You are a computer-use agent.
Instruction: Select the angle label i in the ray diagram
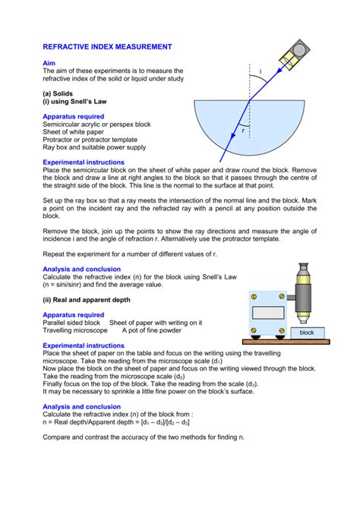click(260, 72)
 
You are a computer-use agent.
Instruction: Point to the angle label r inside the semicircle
click(243, 130)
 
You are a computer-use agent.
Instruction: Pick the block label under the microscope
click(306, 333)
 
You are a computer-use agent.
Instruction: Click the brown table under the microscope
click(288, 342)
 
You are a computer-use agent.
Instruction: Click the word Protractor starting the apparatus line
click(61, 140)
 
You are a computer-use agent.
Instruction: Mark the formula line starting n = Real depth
click(116, 422)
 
